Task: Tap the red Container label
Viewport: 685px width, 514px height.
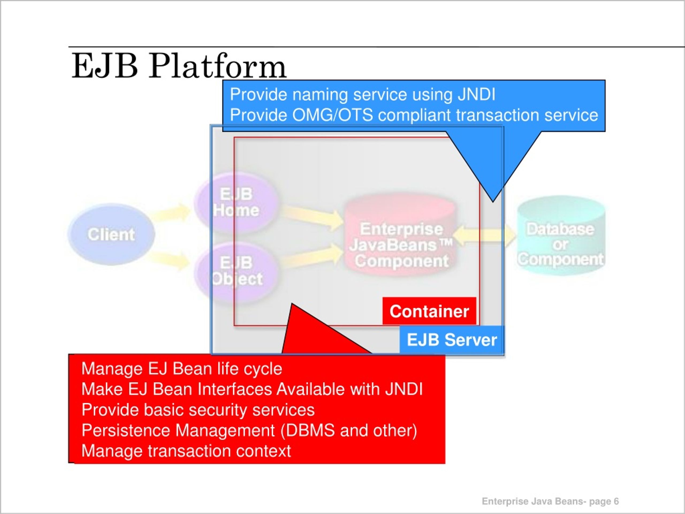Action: (x=429, y=311)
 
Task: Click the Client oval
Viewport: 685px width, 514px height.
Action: (x=111, y=234)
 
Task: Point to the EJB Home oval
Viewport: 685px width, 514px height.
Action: (x=236, y=203)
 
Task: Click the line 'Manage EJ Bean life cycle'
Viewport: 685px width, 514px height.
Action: (x=182, y=369)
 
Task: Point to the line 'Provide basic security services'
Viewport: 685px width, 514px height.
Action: (x=198, y=410)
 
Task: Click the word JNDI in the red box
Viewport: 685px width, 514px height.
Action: (x=404, y=389)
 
